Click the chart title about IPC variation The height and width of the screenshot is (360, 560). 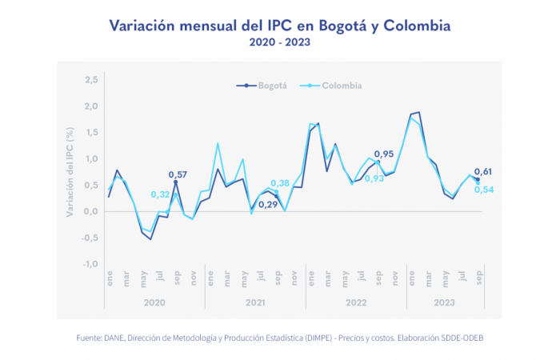[280, 26]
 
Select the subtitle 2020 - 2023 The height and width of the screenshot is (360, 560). [279, 42]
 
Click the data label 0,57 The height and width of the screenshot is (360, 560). [178, 174]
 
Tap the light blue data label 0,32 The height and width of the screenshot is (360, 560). [160, 194]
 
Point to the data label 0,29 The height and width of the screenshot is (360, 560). [267, 205]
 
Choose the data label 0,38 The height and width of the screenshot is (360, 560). [280, 183]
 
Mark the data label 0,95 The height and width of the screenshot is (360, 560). [384, 154]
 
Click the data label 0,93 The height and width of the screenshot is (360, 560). [374, 178]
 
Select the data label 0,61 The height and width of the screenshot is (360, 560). [483, 171]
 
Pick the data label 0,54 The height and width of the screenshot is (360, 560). [485, 189]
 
